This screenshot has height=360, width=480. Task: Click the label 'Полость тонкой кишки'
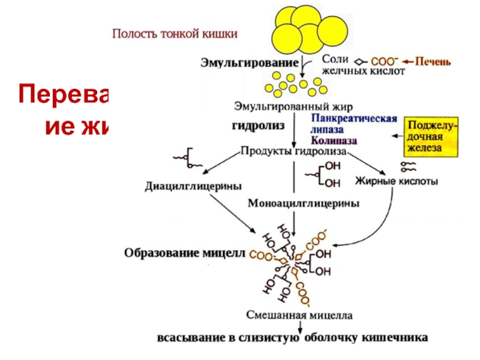(175, 34)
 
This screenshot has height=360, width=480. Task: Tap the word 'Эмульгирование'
(249, 62)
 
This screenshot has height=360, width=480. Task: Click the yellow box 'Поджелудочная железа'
(431, 136)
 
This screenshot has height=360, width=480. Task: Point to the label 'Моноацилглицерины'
(304, 203)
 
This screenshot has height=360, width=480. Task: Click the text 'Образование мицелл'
(185, 253)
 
